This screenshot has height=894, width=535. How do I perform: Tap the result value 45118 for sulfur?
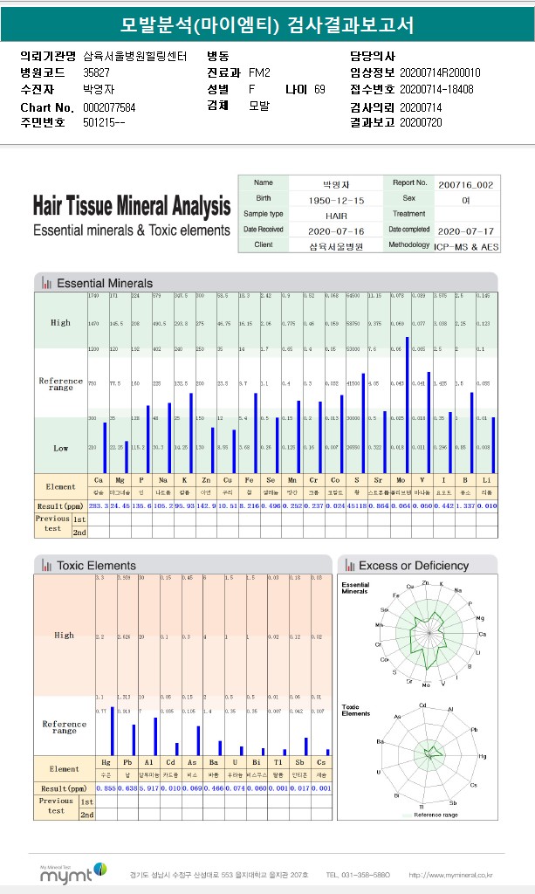click(357, 505)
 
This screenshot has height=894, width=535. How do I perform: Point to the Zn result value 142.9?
click(206, 505)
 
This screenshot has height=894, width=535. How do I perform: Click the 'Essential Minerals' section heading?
click(105, 283)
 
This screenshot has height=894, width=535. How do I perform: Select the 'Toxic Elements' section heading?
click(96, 566)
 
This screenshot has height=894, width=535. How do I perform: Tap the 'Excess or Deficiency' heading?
click(413, 566)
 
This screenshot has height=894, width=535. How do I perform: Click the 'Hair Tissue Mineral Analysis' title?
click(131, 206)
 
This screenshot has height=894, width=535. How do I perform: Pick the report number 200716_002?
click(465, 184)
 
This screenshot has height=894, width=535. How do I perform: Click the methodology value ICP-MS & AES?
click(465, 246)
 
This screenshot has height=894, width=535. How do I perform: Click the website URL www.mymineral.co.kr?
click(450, 874)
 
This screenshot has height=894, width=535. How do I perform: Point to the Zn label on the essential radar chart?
click(424, 581)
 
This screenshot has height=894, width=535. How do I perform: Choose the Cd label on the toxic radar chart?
click(422, 705)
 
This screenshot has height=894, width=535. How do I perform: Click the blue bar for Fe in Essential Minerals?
click(256, 433)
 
